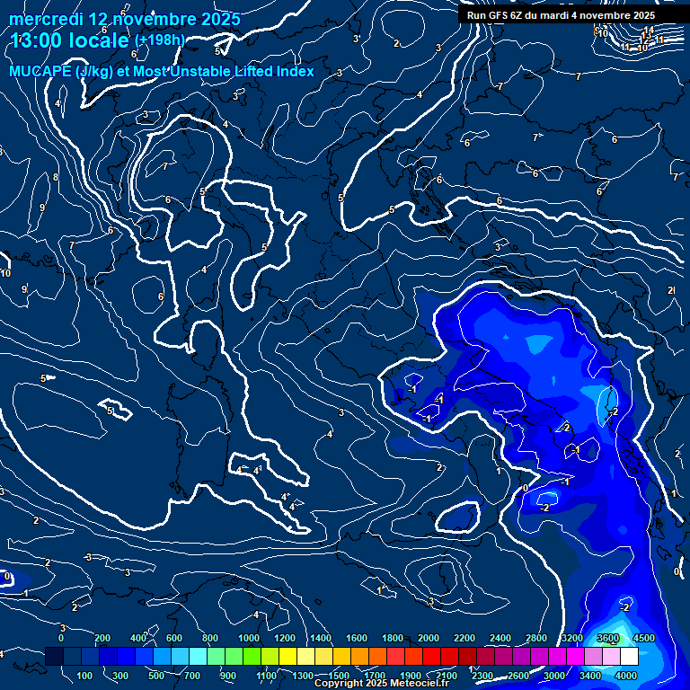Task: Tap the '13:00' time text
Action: (x=38, y=40)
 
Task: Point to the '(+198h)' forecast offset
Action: (x=159, y=40)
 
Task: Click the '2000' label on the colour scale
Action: (x=428, y=638)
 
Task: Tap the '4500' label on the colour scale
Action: (x=644, y=638)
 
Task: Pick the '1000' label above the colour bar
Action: (x=248, y=638)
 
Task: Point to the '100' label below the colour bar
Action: (x=85, y=676)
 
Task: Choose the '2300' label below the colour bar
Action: (x=482, y=676)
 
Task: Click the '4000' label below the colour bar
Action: (x=626, y=676)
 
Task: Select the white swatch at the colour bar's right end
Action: (x=629, y=657)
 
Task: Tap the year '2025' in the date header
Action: (x=220, y=19)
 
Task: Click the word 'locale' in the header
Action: (x=100, y=40)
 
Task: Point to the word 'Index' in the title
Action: (x=295, y=72)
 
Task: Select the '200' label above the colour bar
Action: (x=102, y=638)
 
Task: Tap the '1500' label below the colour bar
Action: (x=338, y=676)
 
